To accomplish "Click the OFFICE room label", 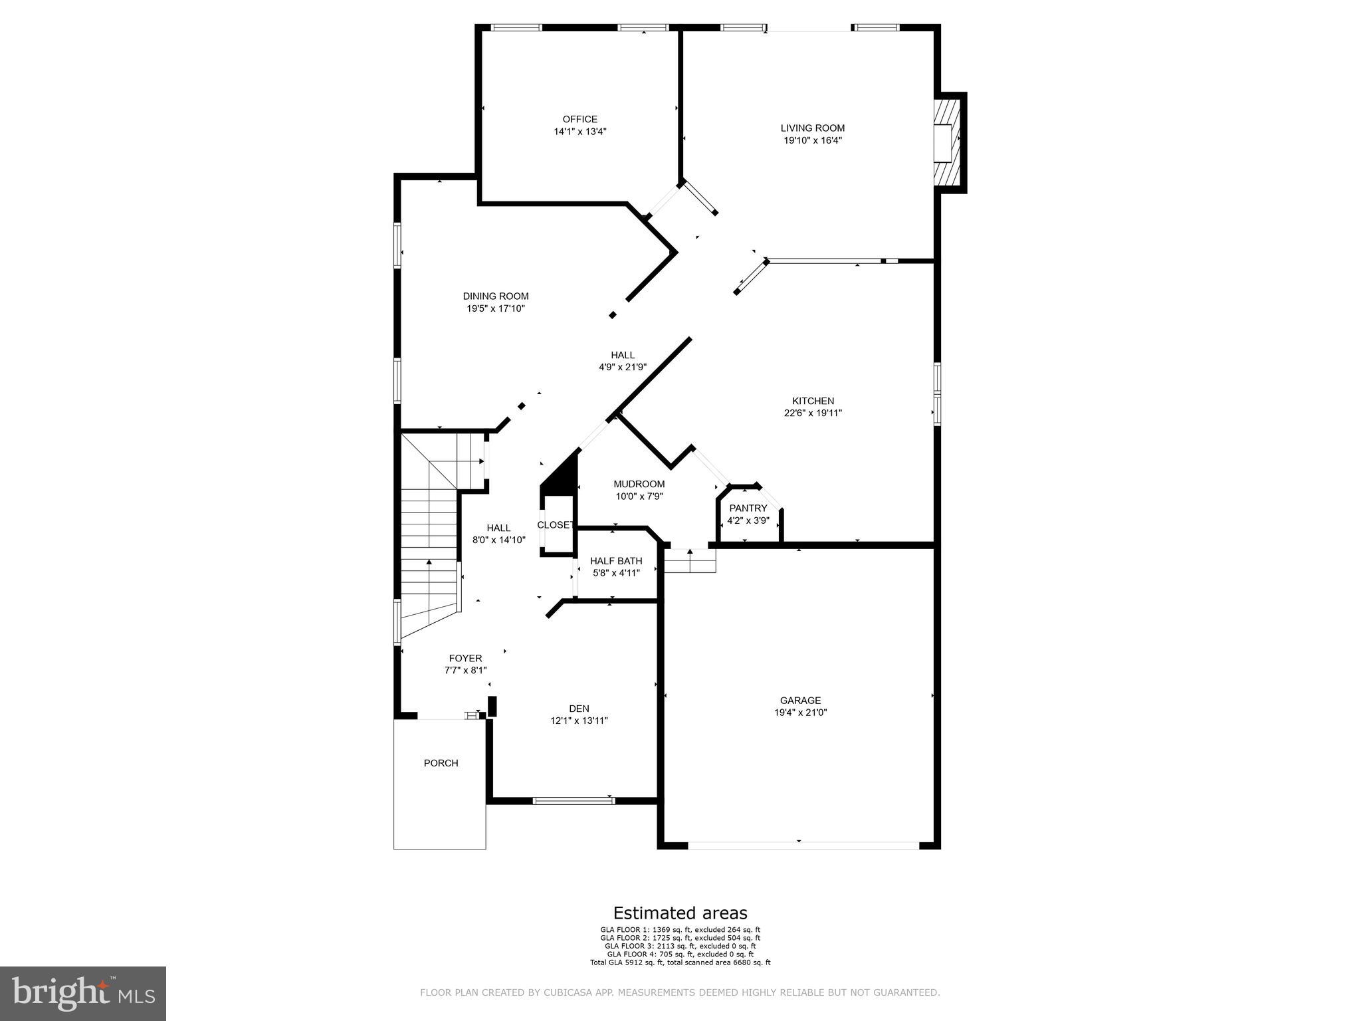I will [x=579, y=120].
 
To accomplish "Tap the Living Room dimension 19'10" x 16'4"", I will [x=812, y=140].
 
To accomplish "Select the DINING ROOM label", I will [x=496, y=296].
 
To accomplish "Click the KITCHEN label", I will [x=813, y=401].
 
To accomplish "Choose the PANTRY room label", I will [x=748, y=509].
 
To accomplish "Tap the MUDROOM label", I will [x=639, y=484].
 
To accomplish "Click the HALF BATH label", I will [x=616, y=561].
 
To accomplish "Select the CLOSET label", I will [x=555, y=525].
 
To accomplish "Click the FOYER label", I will [x=465, y=659].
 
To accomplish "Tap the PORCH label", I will [x=441, y=763].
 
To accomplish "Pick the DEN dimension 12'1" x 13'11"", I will [x=579, y=721].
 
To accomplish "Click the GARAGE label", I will [x=800, y=700].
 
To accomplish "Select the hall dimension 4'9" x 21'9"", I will [x=623, y=367].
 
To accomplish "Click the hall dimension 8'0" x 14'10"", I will [x=498, y=540].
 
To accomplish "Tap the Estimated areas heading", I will [x=680, y=913].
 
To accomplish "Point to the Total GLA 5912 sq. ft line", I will [x=680, y=963].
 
